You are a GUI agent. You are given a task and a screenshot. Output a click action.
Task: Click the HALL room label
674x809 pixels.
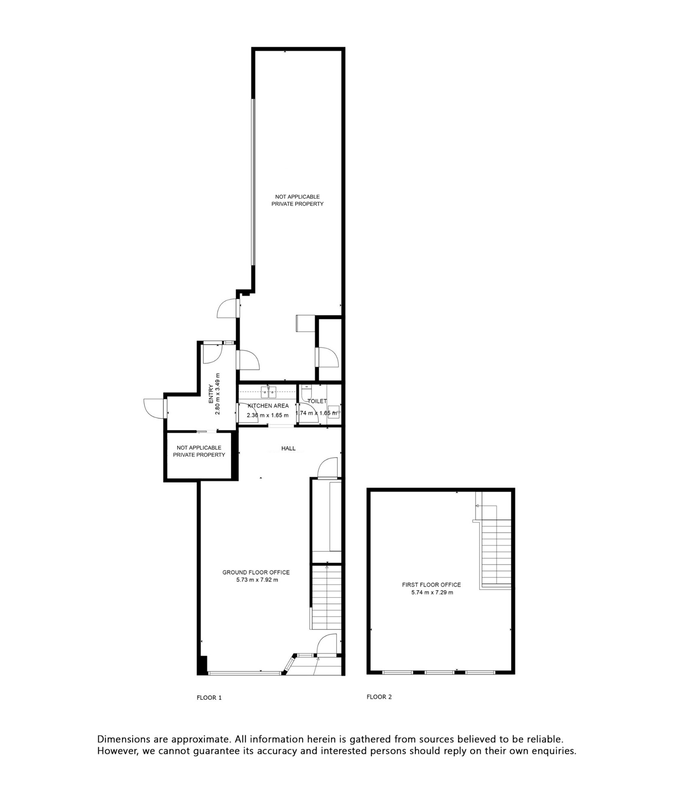click(288, 448)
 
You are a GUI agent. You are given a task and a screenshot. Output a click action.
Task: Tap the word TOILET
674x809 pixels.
click(317, 401)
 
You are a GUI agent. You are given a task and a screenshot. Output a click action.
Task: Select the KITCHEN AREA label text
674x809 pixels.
click(268, 406)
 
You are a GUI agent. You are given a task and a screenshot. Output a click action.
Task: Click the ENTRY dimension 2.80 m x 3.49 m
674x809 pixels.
click(218, 394)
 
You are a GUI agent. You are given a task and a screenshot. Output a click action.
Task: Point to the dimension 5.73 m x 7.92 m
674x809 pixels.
click(257, 580)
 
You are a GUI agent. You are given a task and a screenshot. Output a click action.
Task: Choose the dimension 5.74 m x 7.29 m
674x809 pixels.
click(432, 593)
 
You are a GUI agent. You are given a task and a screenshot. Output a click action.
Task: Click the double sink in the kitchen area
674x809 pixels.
click(269, 391)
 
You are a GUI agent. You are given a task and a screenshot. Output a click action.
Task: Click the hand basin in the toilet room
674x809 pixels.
click(333, 411)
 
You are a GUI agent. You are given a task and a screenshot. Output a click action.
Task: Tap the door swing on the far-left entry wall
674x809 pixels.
click(154, 409)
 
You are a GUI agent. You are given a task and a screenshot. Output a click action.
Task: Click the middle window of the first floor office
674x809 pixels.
click(439, 672)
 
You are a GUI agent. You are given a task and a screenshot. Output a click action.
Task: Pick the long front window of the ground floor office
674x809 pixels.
click(244, 673)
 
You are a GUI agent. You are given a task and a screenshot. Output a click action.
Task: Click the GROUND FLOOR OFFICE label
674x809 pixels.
click(256, 572)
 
